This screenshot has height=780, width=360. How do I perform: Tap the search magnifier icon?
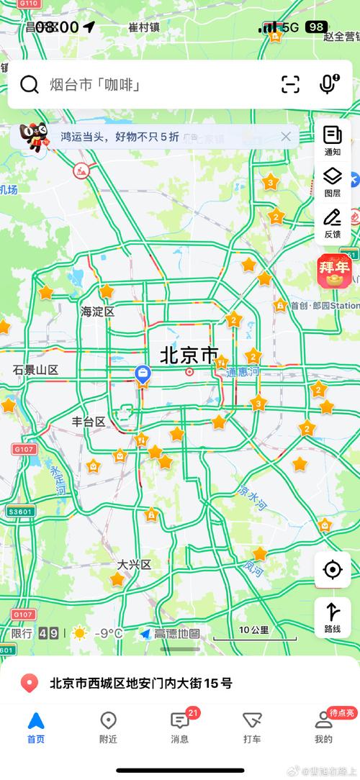(30, 85)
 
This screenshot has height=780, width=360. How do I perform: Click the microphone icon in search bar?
(328, 84)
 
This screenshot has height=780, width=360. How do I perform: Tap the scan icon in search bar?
(290, 84)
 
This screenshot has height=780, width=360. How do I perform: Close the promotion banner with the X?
(286, 137)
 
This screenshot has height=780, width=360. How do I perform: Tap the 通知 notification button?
(332, 140)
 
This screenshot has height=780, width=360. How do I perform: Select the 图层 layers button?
(332, 181)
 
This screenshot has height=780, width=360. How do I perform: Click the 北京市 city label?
(189, 355)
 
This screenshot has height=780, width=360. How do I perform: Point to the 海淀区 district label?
(98, 312)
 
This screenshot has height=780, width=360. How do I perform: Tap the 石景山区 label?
(35, 370)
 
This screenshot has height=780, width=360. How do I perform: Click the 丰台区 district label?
(89, 422)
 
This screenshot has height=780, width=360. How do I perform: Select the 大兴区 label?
(135, 565)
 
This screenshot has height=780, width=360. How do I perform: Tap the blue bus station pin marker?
(143, 373)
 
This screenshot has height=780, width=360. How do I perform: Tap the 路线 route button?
(333, 617)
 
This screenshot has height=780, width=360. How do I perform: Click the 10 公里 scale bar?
(254, 632)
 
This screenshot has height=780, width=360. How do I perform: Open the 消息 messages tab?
(180, 727)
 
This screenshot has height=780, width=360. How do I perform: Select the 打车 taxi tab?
(252, 727)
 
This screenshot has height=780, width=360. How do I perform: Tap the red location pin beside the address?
(30, 683)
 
